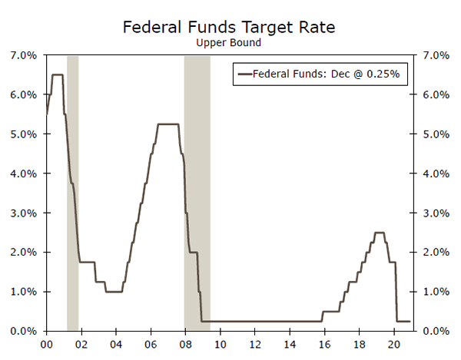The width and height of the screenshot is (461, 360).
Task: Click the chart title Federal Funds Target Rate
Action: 230,28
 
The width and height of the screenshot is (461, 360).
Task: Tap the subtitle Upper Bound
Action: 230,43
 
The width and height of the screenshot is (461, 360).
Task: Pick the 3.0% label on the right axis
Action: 435,213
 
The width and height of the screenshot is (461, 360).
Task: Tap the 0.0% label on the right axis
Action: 435,331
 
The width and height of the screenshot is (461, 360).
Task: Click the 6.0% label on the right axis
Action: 435,95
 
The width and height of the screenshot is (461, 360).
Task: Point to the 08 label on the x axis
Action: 185,345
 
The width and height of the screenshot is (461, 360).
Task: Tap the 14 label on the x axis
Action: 290,345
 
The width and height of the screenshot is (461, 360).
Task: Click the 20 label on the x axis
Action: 393,345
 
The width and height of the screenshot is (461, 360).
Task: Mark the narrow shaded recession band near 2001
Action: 73,192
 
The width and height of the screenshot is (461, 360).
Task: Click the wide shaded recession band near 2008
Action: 197,192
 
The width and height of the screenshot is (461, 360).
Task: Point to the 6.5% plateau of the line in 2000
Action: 57,74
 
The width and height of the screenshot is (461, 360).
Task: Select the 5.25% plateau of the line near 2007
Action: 168,124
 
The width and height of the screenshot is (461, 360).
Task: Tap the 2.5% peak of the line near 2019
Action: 380,233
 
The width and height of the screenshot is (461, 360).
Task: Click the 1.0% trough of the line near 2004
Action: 114,292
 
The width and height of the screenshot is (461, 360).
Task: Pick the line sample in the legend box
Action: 245,74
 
